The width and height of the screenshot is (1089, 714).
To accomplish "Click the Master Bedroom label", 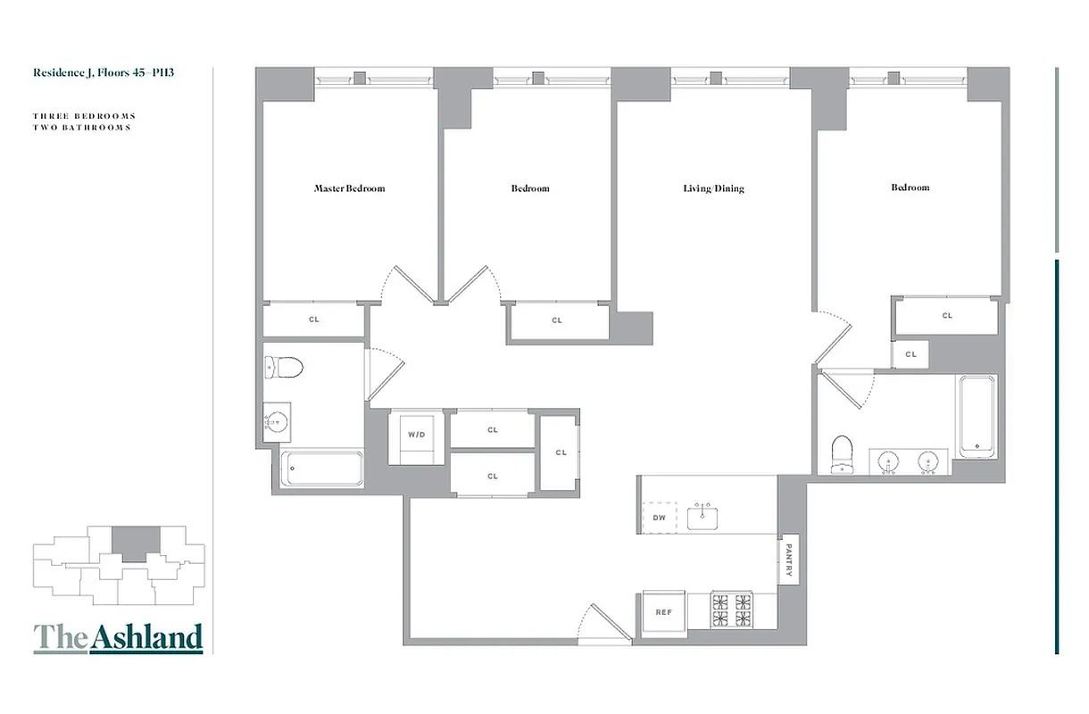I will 349,188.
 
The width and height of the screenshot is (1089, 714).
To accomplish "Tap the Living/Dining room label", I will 713,188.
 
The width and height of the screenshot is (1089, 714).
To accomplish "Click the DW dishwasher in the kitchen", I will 660,517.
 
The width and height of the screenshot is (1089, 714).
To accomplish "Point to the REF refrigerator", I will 663,612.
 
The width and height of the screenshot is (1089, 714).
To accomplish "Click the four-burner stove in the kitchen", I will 732,610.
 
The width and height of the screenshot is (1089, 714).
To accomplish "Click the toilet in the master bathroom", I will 285,367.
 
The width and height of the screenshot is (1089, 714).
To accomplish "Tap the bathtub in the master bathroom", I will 322,469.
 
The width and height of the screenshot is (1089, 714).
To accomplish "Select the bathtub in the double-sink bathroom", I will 977,415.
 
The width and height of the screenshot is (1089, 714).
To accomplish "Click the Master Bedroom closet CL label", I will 313,319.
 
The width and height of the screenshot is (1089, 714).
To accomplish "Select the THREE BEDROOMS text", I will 85,116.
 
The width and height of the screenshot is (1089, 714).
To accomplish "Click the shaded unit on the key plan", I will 135,541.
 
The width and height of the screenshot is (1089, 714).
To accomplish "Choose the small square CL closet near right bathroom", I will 910,354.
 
